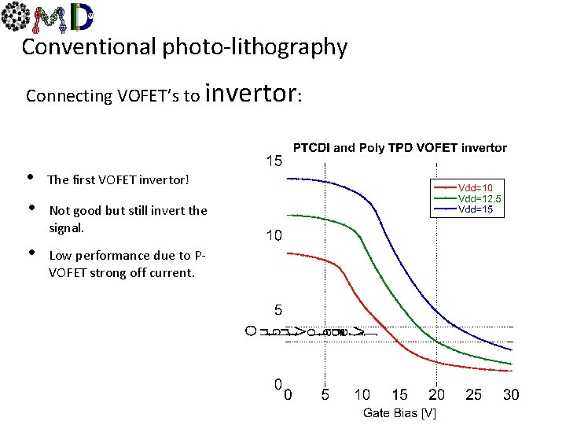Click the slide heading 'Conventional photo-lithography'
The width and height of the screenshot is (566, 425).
point(184,47)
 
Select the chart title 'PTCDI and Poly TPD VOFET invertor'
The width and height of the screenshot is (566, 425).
point(399,147)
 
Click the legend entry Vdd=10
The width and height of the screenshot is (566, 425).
point(476,188)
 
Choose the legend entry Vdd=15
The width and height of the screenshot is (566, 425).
point(476,209)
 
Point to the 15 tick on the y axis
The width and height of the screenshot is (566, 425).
point(273,161)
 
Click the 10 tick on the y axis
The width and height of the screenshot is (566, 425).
point(273,235)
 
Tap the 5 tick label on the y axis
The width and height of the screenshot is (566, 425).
point(277,310)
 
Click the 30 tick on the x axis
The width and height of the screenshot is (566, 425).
point(510,394)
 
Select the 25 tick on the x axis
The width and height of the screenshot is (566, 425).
point(473,394)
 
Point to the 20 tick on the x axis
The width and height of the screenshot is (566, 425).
point(436,394)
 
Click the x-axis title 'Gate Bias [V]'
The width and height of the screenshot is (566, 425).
point(399,413)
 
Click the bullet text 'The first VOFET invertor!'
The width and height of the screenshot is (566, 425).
point(118,179)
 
